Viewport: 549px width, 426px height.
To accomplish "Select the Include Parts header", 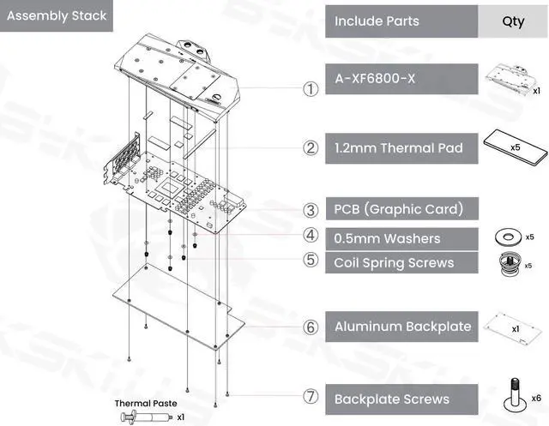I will point(377,20).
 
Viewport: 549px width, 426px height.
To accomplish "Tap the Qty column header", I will point(512,20).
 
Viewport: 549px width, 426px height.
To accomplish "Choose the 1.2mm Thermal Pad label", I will point(398,148).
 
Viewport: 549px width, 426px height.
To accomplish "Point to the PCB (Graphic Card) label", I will point(399,209).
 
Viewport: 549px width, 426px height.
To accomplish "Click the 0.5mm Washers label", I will point(387,237).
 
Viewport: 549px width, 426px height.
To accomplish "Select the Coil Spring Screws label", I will point(394,262).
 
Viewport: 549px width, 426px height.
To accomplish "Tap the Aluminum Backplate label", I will point(402,326).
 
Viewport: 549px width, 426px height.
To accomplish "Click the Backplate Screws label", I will point(391,399).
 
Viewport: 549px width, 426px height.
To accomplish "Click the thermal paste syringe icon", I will point(147,417).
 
